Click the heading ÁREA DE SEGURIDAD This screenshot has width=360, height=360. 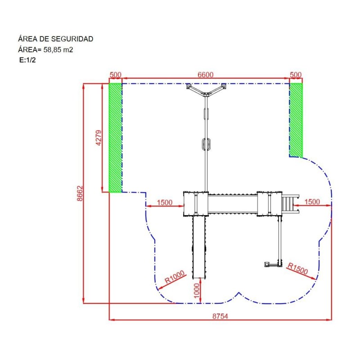click(55, 39)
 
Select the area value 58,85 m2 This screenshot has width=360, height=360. click(58, 49)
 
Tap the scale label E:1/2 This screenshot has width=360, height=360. click(27, 60)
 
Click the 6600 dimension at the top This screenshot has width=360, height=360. click(206, 75)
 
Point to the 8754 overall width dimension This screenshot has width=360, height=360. click(220, 316)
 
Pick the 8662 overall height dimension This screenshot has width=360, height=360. click(80, 193)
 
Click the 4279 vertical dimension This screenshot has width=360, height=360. click(98, 138)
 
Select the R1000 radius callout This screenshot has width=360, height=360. click(175, 277)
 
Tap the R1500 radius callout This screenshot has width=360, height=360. click(297, 268)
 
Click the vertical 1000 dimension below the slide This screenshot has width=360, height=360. click(197, 291)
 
